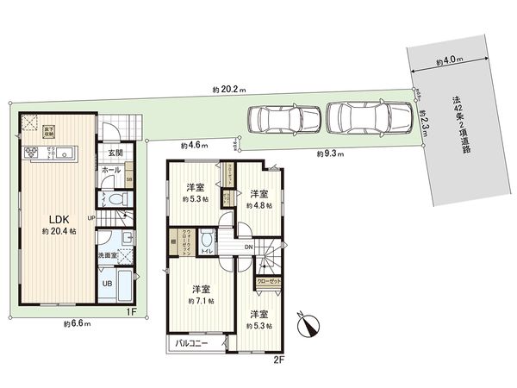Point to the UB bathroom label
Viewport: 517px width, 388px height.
[108, 284]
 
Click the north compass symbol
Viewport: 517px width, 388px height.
[306, 326]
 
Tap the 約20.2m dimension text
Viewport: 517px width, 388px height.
[228, 90]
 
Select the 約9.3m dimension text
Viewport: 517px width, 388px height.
[328, 153]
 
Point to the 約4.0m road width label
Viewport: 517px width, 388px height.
[449, 61]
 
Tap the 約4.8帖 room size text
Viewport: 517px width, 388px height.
[260, 206]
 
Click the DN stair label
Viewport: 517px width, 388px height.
[249, 248]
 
